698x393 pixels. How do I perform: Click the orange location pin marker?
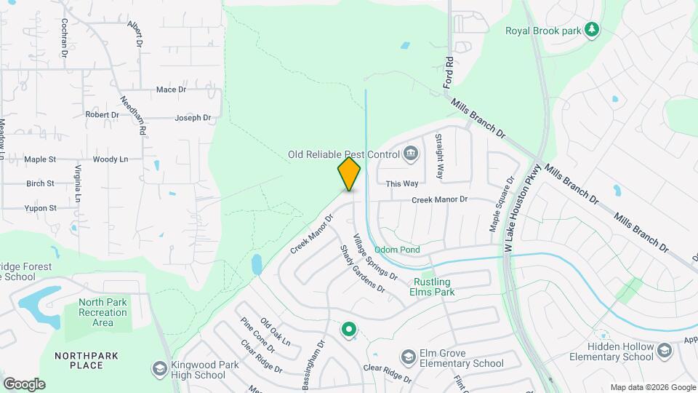(x=349, y=174)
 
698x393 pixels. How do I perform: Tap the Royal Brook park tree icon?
(x=593, y=29)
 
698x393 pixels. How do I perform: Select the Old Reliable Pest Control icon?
(x=411, y=154)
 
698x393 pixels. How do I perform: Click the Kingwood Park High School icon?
(x=159, y=369)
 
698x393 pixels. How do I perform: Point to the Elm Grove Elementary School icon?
(x=408, y=357)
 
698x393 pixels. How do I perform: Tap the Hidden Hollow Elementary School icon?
(x=664, y=352)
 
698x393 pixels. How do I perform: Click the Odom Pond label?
(x=397, y=250)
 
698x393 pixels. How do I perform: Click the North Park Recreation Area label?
(x=103, y=312)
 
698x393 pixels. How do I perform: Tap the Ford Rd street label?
(x=449, y=72)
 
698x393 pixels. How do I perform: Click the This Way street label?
(x=402, y=184)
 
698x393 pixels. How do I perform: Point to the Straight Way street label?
(x=439, y=156)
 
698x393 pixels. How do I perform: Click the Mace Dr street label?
(x=172, y=90)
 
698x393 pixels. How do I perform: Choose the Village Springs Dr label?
(x=375, y=257)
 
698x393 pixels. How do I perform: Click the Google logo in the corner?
(x=24, y=384)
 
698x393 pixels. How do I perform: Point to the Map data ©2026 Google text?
(x=652, y=387)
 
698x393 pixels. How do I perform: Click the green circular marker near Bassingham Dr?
(x=349, y=330)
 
